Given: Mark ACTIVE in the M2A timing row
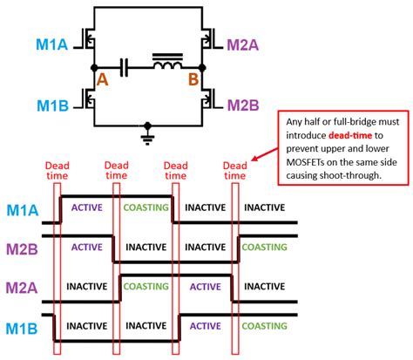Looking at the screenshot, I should pos(205,285).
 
